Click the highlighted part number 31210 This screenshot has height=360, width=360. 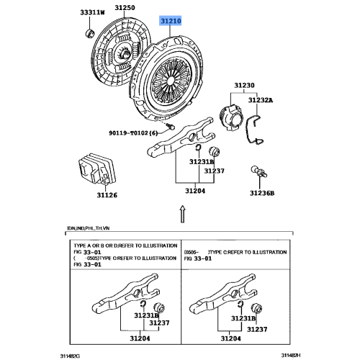[170, 22]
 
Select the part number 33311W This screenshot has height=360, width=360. [91, 12]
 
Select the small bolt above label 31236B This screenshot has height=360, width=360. [256, 172]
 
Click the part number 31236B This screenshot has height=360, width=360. [263, 192]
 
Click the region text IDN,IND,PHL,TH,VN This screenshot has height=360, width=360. [90, 229]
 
